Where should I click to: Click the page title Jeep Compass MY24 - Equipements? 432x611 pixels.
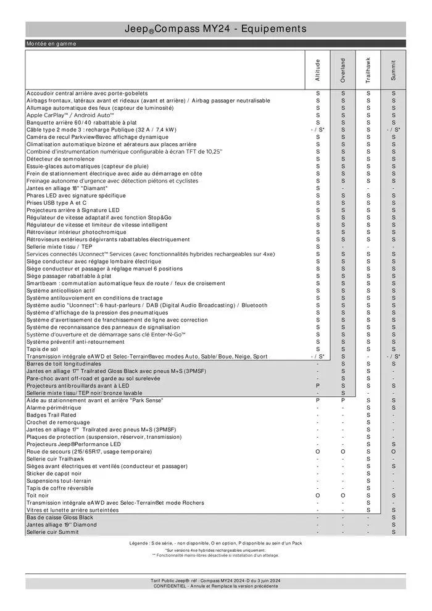(x=215, y=29)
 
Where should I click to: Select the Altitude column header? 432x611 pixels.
(x=318, y=70)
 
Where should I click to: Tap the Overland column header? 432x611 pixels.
(x=343, y=70)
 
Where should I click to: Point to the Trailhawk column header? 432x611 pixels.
(x=368, y=70)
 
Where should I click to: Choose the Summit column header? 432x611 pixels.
(x=394, y=70)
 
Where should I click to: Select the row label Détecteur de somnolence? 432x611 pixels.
(x=59, y=159)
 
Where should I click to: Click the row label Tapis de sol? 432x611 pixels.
(x=42, y=349)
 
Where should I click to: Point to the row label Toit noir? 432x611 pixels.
(x=38, y=496)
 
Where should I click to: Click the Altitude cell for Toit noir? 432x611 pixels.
(x=318, y=496)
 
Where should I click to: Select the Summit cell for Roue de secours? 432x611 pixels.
(x=394, y=452)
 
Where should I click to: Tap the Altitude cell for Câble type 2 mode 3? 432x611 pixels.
(x=318, y=130)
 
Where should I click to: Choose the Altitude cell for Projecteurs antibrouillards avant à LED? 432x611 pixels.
(x=318, y=386)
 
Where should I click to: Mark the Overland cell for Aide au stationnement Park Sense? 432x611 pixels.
(x=343, y=401)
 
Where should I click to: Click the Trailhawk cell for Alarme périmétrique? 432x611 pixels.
(x=368, y=408)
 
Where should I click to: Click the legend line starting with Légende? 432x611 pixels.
(x=215, y=543)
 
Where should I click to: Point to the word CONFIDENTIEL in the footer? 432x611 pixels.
(x=173, y=586)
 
